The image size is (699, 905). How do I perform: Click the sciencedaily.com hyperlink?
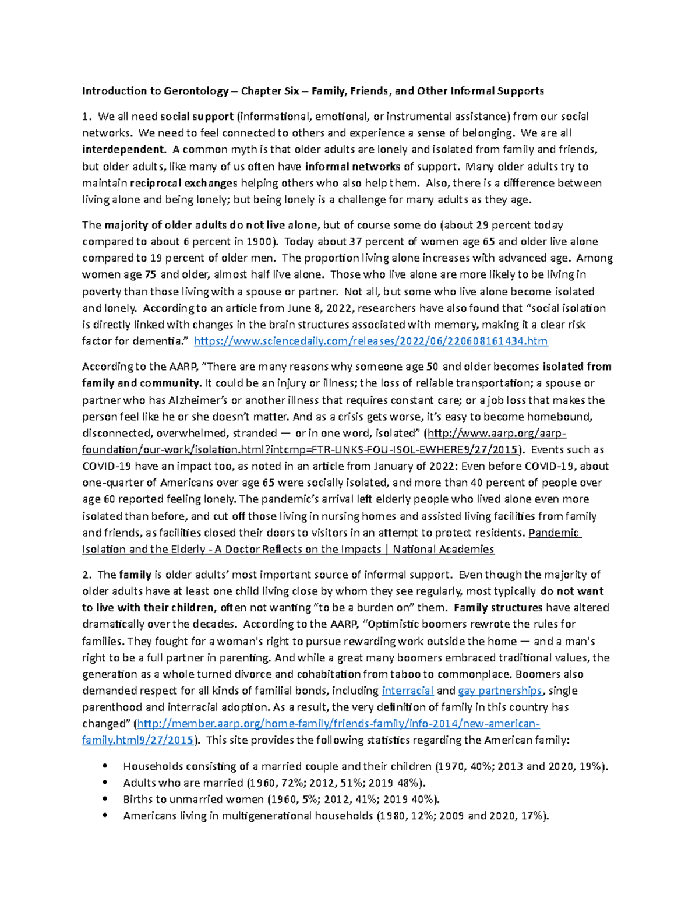370,341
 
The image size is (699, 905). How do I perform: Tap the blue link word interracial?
407,691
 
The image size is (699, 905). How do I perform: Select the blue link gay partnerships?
500,691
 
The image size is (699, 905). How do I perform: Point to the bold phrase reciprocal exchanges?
183,183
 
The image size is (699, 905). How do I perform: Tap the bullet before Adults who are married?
105,783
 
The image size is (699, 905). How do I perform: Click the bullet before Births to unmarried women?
105,800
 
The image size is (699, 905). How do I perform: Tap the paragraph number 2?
86,575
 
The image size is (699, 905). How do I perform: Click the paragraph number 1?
86,117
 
